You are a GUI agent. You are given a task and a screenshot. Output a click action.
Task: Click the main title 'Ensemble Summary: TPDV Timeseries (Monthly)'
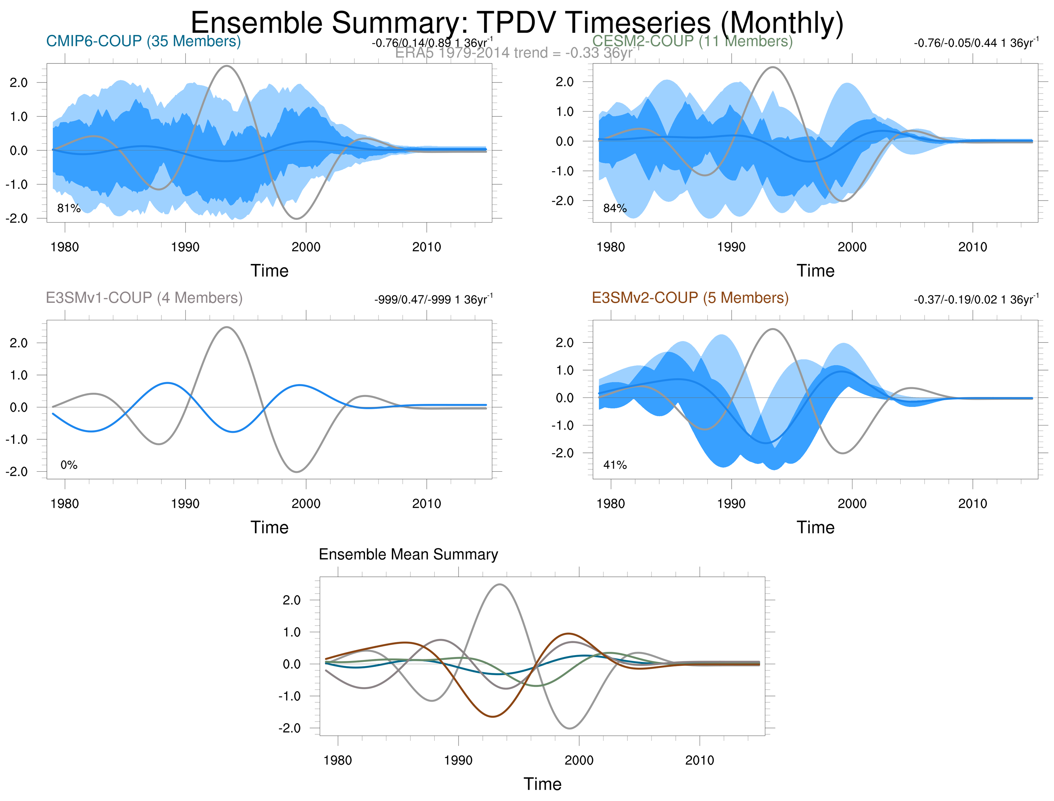pyautogui.click(x=517, y=22)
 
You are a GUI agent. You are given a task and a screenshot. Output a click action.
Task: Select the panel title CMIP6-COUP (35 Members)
pyautogui.click(x=143, y=41)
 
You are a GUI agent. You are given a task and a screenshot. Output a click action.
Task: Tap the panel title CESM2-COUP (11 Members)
pyautogui.click(x=692, y=41)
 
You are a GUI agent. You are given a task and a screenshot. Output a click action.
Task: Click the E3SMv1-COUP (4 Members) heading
pyautogui.click(x=144, y=298)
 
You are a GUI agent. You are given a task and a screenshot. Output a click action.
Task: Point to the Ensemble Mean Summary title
pyautogui.click(x=408, y=554)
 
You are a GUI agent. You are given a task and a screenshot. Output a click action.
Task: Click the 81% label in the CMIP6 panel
pyautogui.click(x=69, y=208)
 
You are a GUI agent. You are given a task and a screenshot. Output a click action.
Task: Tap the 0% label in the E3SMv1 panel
pyautogui.click(x=69, y=465)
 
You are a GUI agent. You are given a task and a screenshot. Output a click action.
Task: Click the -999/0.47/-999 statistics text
pyautogui.click(x=433, y=300)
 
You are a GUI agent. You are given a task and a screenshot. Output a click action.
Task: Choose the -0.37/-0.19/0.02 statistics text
pyautogui.click(x=975, y=300)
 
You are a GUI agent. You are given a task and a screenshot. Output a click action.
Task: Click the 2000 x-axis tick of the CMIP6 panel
pyautogui.click(x=306, y=247)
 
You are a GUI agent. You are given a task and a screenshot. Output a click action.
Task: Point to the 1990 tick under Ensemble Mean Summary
pyautogui.click(x=458, y=760)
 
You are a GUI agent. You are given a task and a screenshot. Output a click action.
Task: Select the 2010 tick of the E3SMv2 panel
pyautogui.click(x=972, y=503)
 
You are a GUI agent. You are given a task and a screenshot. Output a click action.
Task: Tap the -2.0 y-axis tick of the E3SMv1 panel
pyautogui.click(x=17, y=472)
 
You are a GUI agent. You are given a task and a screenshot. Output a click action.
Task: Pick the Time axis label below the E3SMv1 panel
pyautogui.click(x=270, y=527)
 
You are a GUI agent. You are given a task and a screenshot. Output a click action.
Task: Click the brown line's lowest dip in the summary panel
pyautogui.click(x=493, y=717)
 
